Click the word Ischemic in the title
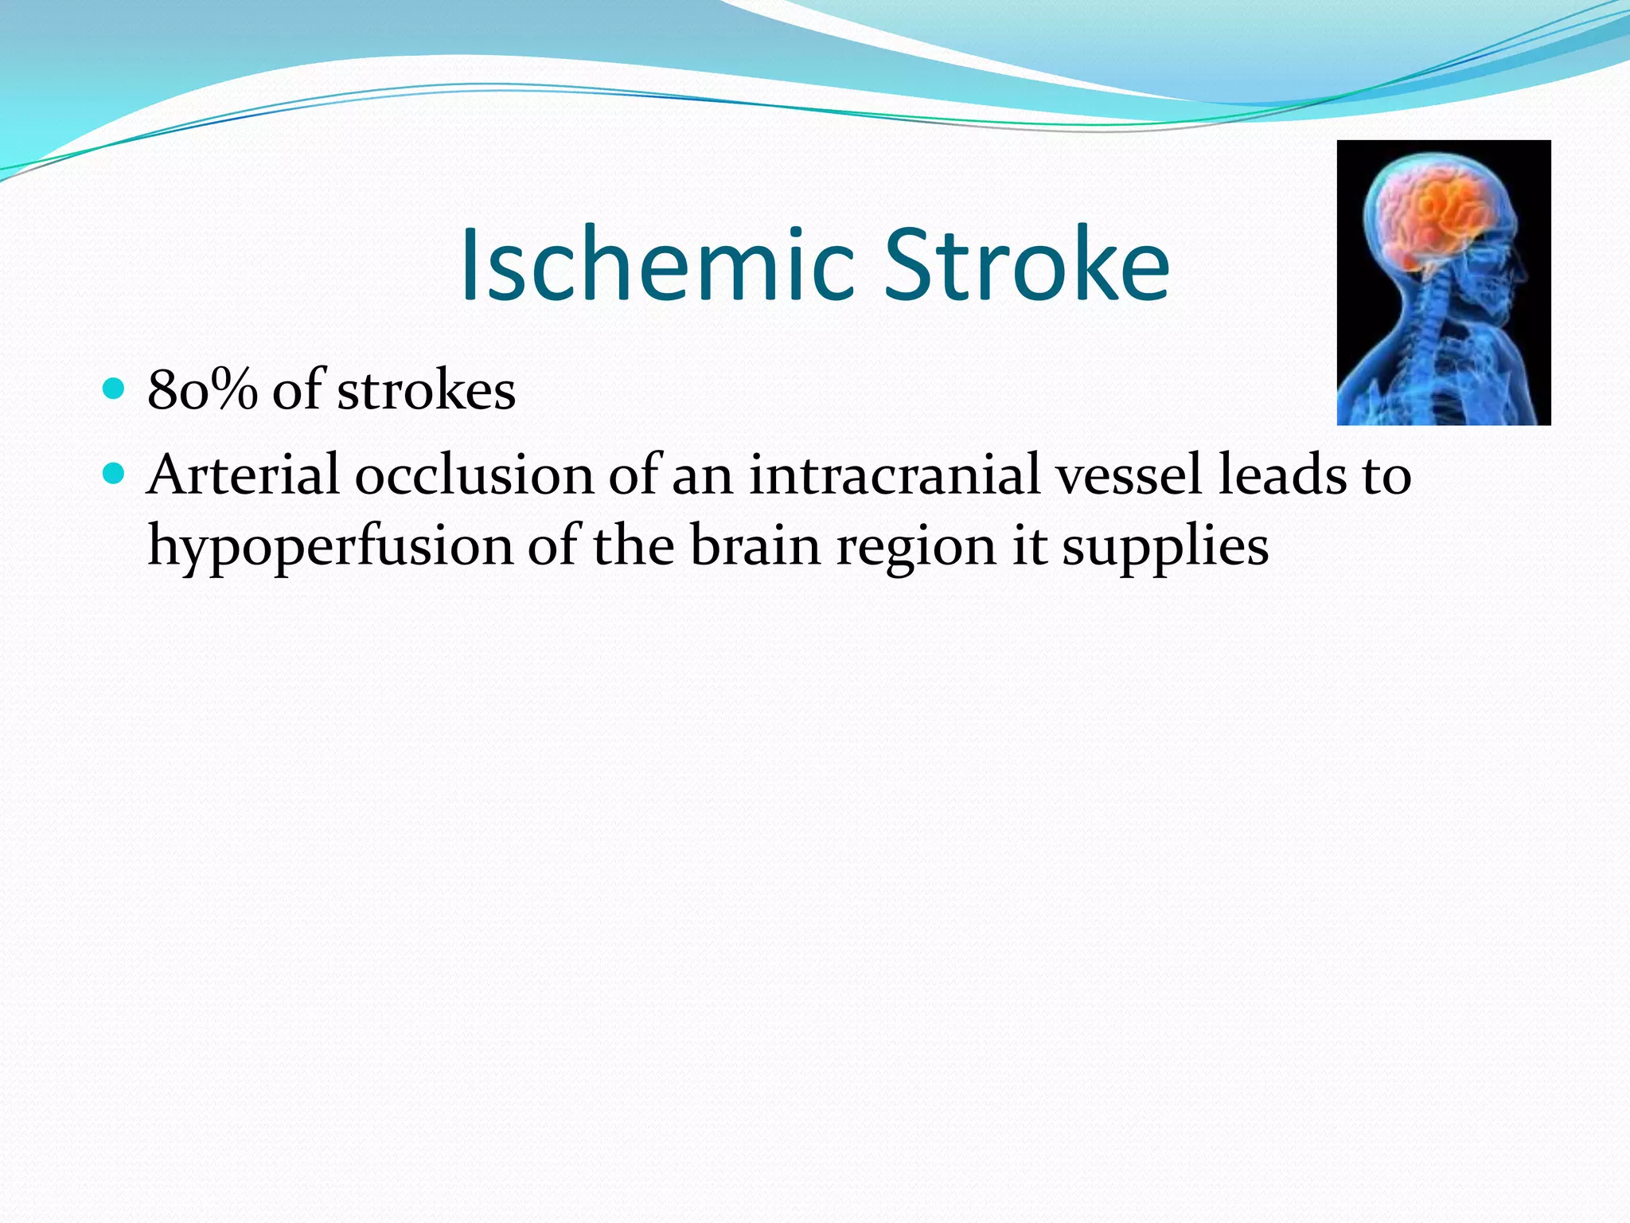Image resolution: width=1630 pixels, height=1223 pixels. (657, 264)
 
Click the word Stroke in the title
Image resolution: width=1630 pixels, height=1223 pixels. (1027, 264)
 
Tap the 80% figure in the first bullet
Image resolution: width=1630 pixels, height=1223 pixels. (202, 390)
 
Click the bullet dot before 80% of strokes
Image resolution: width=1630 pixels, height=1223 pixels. (115, 389)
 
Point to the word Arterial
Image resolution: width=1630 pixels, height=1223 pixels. (243, 475)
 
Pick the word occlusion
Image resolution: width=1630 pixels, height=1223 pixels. (474, 475)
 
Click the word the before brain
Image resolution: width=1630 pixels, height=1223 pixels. (634, 546)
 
